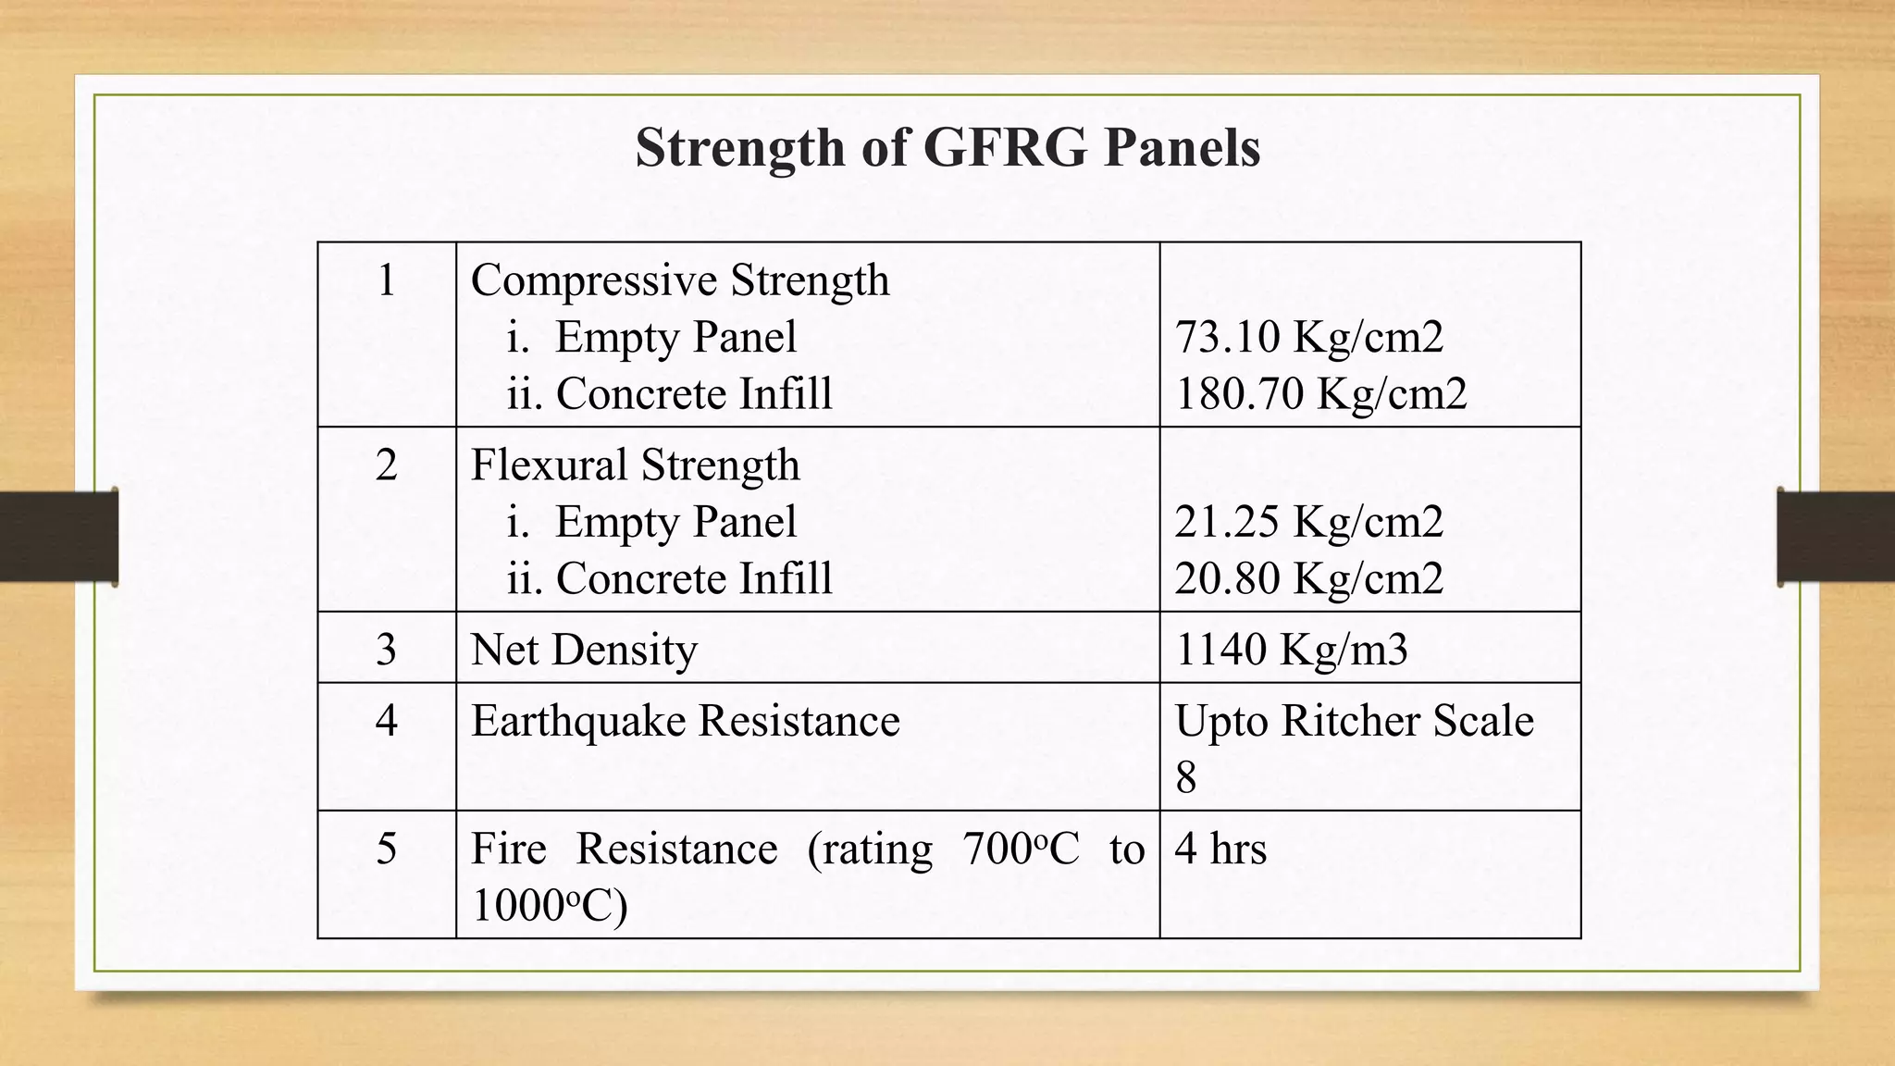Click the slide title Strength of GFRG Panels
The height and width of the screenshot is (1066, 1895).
pyautogui.click(x=947, y=148)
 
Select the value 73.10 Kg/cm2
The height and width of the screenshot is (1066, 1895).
pyautogui.click(x=1308, y=337)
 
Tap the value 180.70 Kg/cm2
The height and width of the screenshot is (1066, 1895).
pyautogui.click(x=1320, y=393)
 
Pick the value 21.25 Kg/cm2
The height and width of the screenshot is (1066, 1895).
pyautogui.click(x=1308, y=522)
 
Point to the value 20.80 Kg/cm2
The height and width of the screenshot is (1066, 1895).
pyautogui.click(x=1308, y=578)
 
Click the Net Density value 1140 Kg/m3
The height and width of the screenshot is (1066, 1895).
pyautogui.click(x=1291, y=650)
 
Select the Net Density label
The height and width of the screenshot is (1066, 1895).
pyautogui.click(x=584, y=650)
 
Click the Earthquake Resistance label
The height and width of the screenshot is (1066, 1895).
pyautogui.click(x=685, y=721)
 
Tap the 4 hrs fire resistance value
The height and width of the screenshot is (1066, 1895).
pyautogui.click(x=1220, y=849)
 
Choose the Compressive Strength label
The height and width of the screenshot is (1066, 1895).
pyautogui.click(x=680, y=280)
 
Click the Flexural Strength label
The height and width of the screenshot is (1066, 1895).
pyautogui.click(x=635, y=465)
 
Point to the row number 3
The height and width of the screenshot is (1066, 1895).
pyautogui.click(x=387, y=650)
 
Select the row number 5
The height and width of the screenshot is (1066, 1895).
pyautogui.click(x=387, y=849)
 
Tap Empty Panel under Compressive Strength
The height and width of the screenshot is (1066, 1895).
pyautogui.click(x=675, y=337)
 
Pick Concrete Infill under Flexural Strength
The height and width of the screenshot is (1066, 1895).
pyautogui.click(x=693, y=578)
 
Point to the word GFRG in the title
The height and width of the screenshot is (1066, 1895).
pyautogui.click(x=1005, y=148)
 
